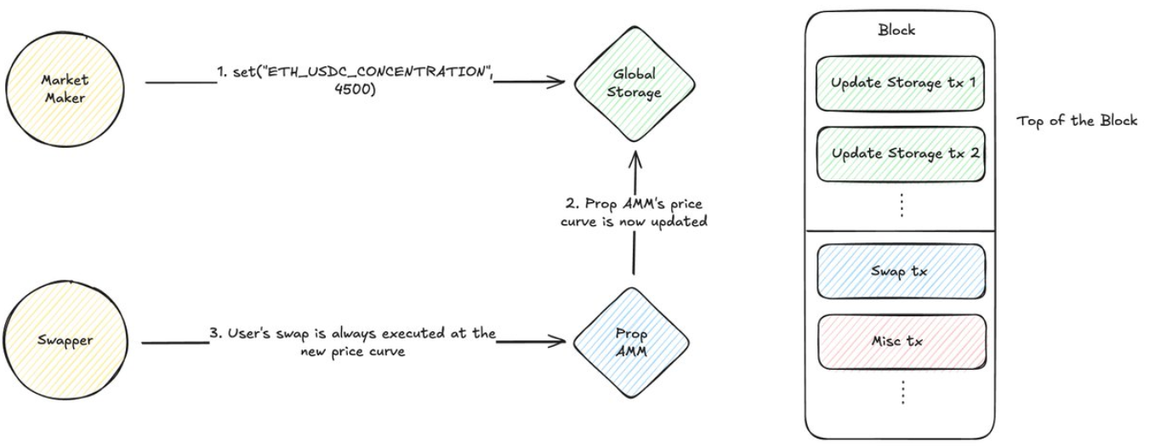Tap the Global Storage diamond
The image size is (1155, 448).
coord(634,83)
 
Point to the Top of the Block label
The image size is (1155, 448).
coord(1077,121)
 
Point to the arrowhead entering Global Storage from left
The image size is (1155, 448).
coord(558,82)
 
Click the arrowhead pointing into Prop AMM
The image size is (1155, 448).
coord(559,343)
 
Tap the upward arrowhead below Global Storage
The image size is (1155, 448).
coord(634,155)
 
